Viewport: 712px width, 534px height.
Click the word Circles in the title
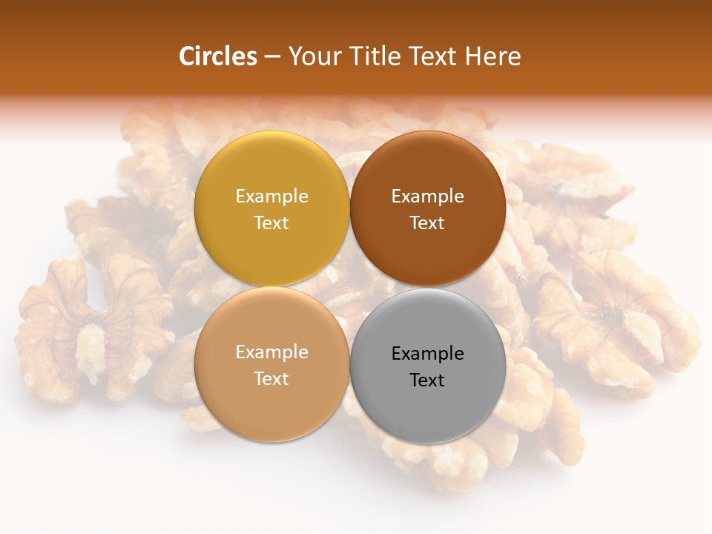(217, 56)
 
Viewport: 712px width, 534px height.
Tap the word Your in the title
(315, 56)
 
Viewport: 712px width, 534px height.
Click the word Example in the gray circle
(428, 353)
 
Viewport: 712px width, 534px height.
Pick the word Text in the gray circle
(427, 380)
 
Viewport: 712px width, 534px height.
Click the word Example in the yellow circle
(271, 196)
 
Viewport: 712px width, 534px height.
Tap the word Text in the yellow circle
(271, 222)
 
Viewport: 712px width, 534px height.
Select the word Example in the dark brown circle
(428, 196)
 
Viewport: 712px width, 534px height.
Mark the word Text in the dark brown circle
(427, 222)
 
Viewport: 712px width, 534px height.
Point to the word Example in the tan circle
(271, 352)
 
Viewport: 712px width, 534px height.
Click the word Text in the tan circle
(271, 378)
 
